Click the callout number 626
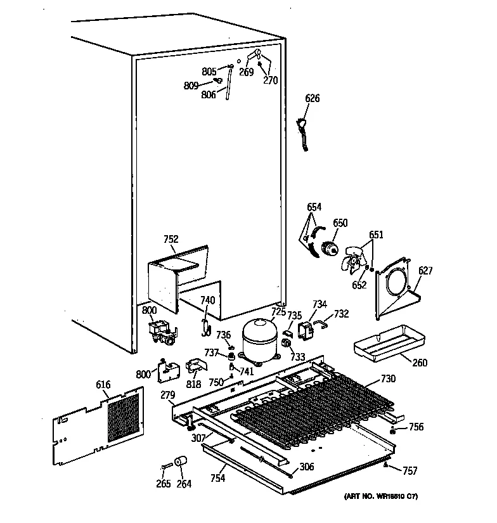tap(313, 98)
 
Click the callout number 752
tap(171, 240)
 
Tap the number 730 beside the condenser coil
tap(388, 379)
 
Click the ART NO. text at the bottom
tap(381, 496)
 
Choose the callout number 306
tap(307, 467)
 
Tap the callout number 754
tap(217, 478)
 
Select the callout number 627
tap(425, 271)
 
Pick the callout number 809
tap(191, 86)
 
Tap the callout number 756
tap(416, 427)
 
